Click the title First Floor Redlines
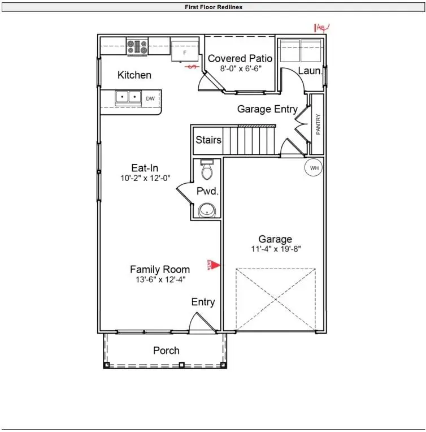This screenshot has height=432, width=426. (214, 7)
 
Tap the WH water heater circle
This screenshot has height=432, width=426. (314, 167)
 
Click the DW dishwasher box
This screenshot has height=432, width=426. (150, 98)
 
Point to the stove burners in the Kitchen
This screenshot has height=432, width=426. (137, 46)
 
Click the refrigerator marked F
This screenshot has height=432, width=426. (184, 52)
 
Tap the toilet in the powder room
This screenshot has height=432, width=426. (207, 168)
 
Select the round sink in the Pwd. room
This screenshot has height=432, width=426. (207, 210)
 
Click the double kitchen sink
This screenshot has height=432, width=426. (128, 98)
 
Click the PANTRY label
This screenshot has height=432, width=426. (318, 124)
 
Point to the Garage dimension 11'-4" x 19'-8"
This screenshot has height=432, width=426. (275, 249)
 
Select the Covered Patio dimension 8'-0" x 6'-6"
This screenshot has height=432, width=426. (240, 68)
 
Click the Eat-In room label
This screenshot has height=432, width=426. (145, 168)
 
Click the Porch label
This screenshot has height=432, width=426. (166, 351)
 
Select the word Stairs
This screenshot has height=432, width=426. (208, 140)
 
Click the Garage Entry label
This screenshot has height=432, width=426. (267, 109)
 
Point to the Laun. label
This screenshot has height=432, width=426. (310, 71)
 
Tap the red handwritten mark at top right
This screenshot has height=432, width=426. (322, 27)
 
